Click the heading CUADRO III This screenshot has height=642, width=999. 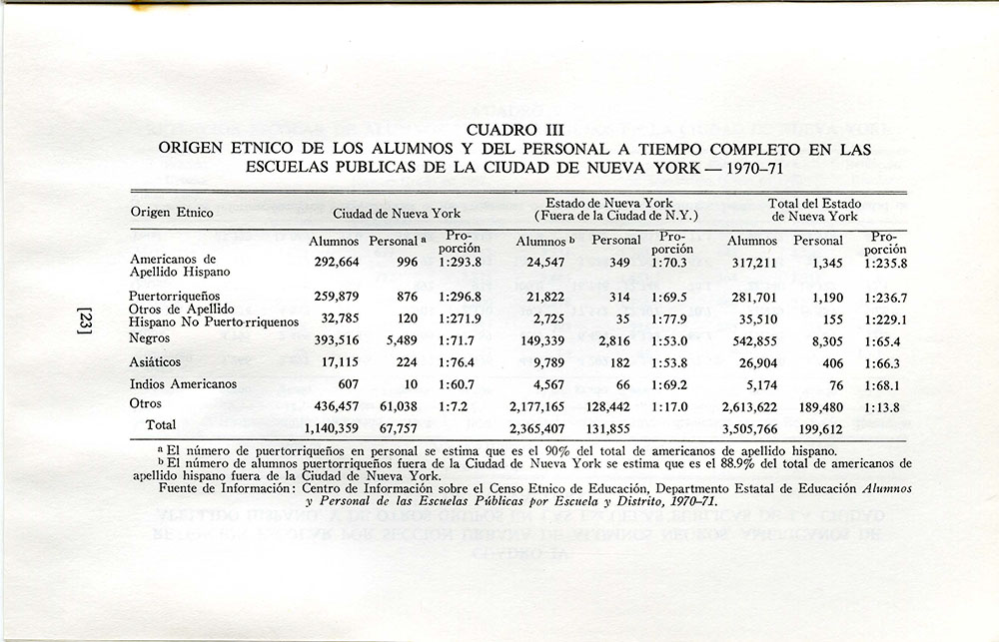coord(515,130)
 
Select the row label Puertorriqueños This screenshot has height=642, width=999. coord(176,297)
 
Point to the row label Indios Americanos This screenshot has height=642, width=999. coord(183,383)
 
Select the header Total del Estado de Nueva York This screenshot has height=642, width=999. coord(814,210)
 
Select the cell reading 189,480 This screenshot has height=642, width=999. coord(821,408)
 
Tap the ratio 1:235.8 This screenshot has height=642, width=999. coord(885,264)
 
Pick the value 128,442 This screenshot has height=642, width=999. coord(613,408)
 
